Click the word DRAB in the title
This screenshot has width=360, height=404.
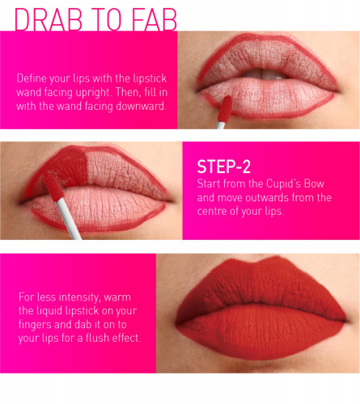(x=49, y=19)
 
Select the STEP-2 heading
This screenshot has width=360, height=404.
(x=224, y=166)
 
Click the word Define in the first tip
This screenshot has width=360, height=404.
(x=32, y=78)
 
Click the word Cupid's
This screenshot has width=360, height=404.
(x=283, y=183)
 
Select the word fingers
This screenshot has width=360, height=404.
(x=35, y=325)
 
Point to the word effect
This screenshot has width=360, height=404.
(x=126, y=338)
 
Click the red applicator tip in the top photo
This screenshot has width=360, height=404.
(x=225, y=109)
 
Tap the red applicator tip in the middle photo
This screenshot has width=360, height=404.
(x=53, y=187)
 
